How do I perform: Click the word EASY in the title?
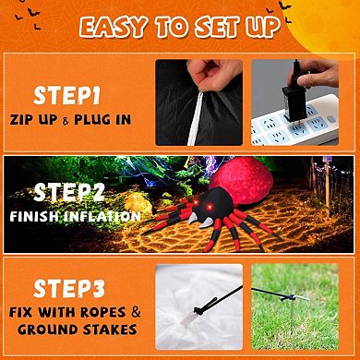114,27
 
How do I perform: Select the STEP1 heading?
66,96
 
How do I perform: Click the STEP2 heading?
69,193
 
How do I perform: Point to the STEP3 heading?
69,288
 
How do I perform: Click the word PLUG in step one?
92,120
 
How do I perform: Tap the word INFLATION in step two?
103,217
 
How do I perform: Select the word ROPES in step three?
103,312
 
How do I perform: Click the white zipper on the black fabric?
196,118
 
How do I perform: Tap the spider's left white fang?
193,218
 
